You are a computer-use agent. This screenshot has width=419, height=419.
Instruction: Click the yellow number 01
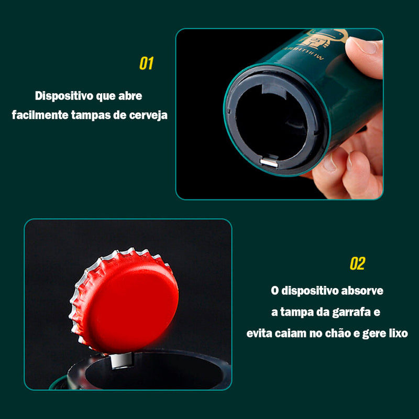pyautogui.click(x=146, y=64)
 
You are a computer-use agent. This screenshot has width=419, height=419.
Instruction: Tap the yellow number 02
pyautogui.click(x=357, y=263)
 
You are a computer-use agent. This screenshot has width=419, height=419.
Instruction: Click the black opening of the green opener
pyautogui.click(x=272, y=123)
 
